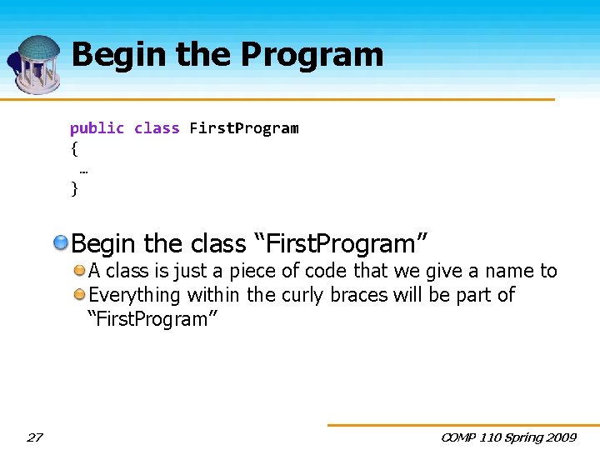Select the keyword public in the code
[x=97, y=128]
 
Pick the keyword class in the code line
[x=157, y=128]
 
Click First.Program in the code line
[x=243, y=128]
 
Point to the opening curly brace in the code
[x=74, y=149]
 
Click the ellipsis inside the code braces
[x=84, y=169]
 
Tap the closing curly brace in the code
[x=74, y=189]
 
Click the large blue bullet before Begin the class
[x=62, y=243]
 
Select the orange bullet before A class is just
[x=79, y=271]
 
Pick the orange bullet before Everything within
[x=79, y=294]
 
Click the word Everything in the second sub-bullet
[x=134, y=295]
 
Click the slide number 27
[x=34, y=437]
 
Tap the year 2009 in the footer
[x=561, y=437]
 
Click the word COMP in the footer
[x=459, y=437]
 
